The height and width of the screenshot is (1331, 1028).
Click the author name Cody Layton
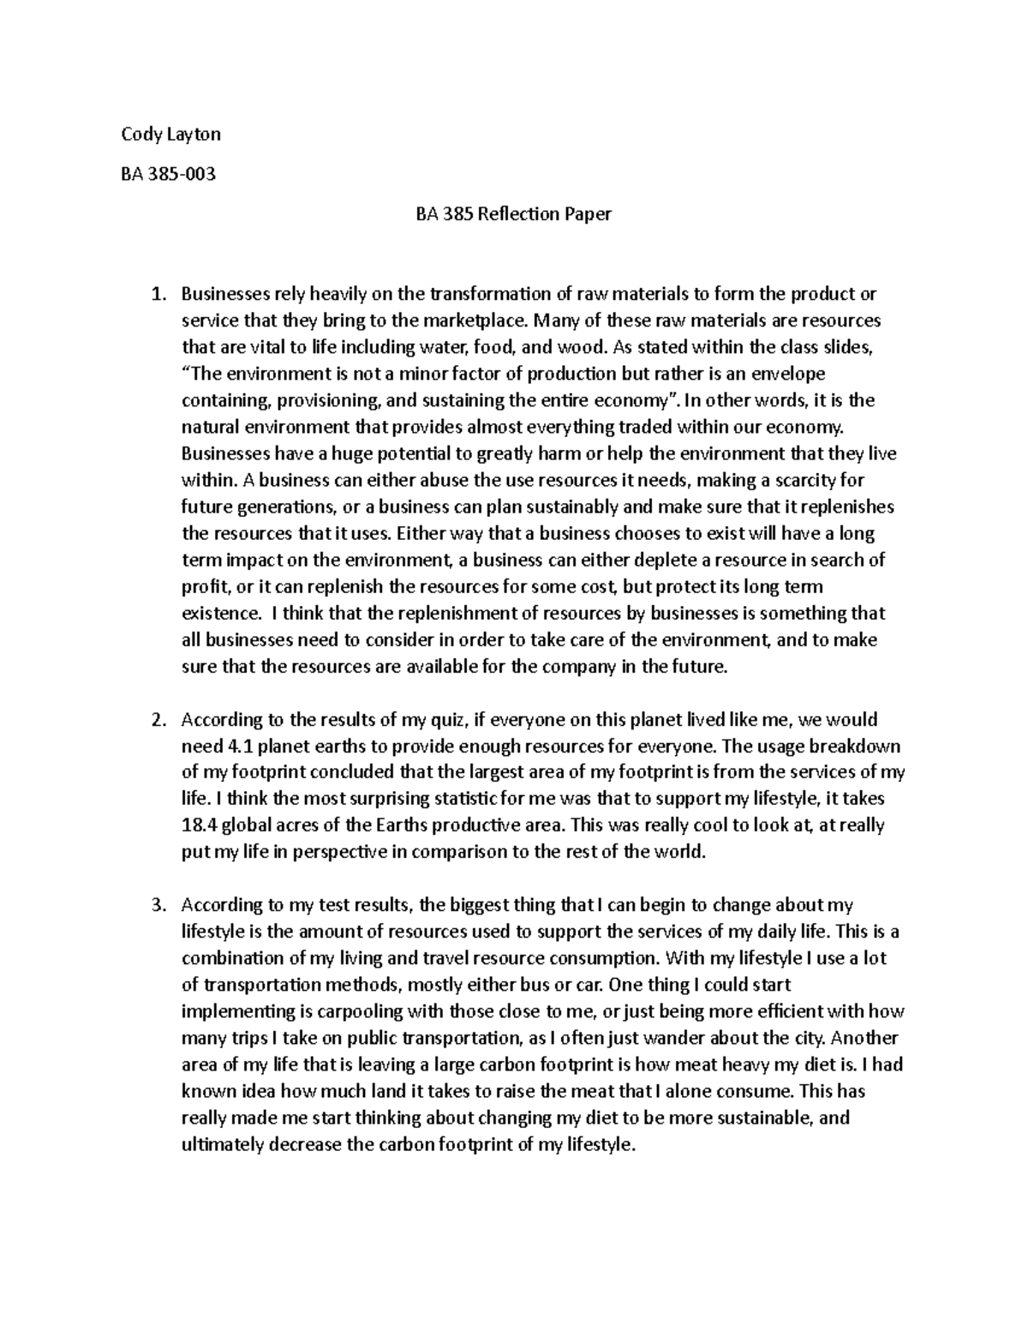pyautogui.click(x=170, y=135)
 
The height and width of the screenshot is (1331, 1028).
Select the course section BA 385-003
pyautogui.click(x=168, y=175)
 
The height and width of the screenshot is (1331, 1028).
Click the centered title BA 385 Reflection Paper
pyautogui.click(x=513, y=214)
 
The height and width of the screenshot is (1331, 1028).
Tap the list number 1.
pyautogui.click(x=156, y=295)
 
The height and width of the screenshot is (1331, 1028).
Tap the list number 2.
pyautogui.click(x=156, y=719)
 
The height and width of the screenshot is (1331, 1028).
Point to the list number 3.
pyautogui.click(x=156, y=905)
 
